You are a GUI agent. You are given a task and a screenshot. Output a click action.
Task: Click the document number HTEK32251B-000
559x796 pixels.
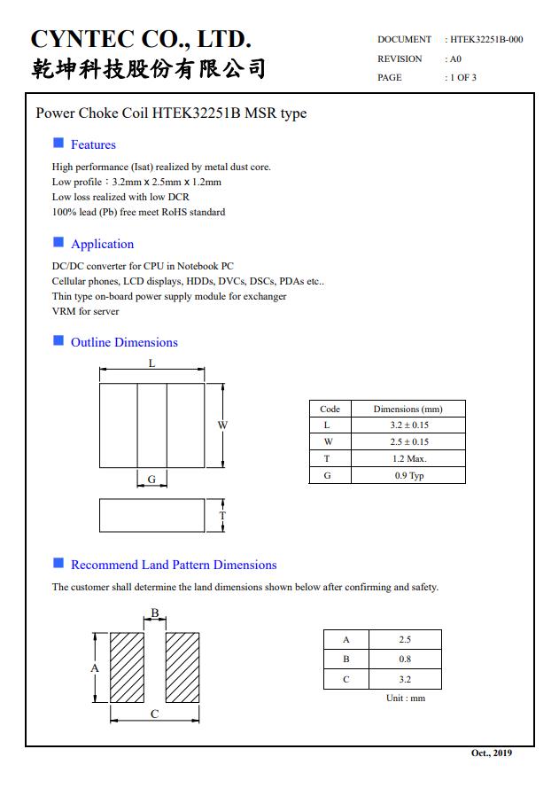pos(486,40)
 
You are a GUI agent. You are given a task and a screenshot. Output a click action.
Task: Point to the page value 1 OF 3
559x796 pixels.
pos(462,77)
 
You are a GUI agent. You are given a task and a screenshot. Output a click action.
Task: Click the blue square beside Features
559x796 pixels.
pos(58,144)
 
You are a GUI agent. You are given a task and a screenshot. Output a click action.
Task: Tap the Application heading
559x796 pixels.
pos(102,244)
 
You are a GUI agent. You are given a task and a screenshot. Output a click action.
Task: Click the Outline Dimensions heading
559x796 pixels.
pos(124,342)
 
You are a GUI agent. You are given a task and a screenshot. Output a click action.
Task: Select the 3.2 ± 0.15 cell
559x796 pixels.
pos(408,425)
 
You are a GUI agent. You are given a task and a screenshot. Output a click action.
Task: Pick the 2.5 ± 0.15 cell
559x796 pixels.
pos(408,441)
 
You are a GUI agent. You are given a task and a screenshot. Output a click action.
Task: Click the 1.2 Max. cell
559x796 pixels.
pos(408,458)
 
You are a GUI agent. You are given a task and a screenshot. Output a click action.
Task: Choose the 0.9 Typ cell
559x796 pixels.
pos(408,475)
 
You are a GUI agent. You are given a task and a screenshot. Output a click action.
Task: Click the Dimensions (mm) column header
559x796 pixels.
pos(408,409)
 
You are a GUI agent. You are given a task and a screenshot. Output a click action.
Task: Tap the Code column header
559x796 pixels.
pos(330,409)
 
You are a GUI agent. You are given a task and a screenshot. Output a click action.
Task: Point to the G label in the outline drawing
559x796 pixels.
pos(151,479)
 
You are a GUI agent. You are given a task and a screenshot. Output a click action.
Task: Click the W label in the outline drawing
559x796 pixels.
pos(222,425)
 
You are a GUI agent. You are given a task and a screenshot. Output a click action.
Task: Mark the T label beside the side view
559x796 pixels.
pos(222,515)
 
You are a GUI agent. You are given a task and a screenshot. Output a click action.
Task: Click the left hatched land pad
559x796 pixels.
pos(127,667)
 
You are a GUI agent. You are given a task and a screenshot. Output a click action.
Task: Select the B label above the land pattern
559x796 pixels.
pos(154,613)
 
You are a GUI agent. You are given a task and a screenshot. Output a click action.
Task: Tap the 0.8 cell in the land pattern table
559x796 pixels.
pos(405,659)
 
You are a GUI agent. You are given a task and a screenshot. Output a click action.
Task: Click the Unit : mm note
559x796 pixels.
pos(406,698)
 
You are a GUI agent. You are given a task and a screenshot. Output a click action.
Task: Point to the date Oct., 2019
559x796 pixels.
pos(491,753)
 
